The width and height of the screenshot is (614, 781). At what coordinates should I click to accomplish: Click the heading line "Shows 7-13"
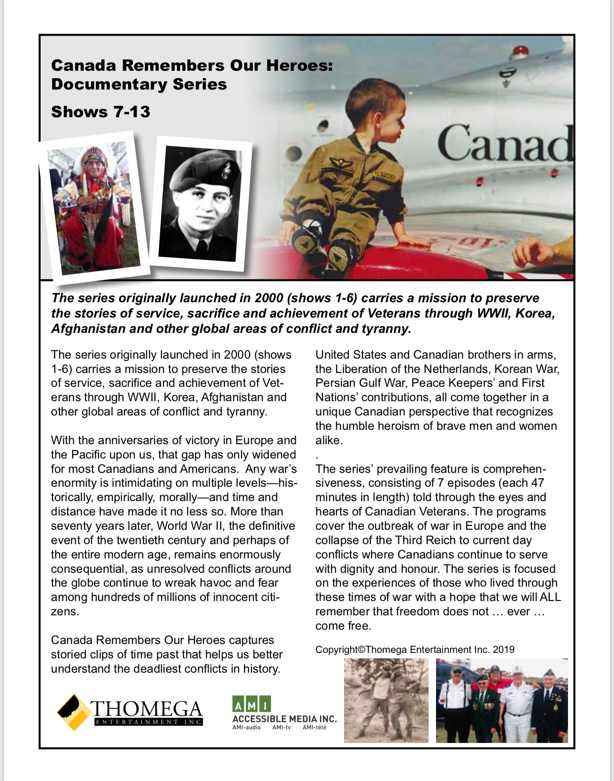pyautogui.click(x=100, y=112)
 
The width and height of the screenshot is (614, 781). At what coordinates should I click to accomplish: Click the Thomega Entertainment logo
pyautogui.click(x=130, y=712)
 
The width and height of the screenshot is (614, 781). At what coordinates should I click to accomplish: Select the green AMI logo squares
pyautogui.click(x=251, y=704)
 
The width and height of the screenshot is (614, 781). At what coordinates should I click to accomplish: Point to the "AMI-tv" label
pyautogui.click(x=281, y=728)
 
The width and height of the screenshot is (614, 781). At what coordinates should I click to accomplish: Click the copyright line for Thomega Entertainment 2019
pyautogui.click(x=415, y=649)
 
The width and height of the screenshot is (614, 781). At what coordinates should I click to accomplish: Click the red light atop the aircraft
pyautogui.click(x=520, y=50)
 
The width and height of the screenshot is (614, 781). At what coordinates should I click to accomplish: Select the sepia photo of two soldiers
pyautogui.click(x=386, y=700)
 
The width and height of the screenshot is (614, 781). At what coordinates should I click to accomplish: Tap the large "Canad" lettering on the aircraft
pyautogui.click(x=504, y=144)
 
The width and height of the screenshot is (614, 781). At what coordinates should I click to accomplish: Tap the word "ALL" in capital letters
pyautogui.click(x=550, y=597)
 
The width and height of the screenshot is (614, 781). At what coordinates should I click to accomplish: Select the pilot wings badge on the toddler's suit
pyautogui.click(x=339, y=162)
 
